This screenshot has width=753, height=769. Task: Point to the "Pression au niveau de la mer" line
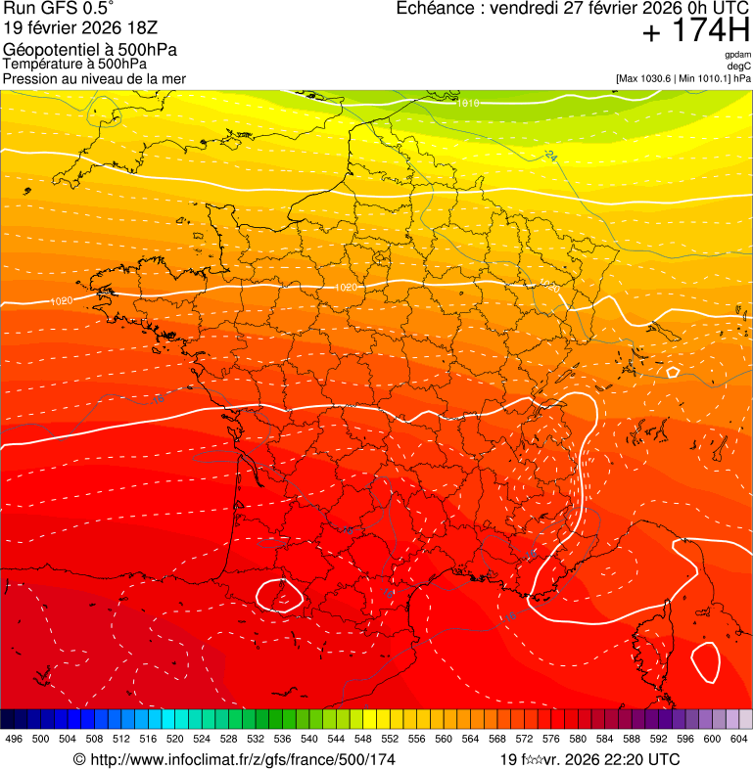click(94, 78)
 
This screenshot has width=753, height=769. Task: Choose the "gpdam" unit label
click(737, 55)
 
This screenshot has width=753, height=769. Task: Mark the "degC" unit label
click(739, 66)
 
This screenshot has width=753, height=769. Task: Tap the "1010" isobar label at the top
click(468, 102)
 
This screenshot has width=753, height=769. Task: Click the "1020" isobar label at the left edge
click(61, 300)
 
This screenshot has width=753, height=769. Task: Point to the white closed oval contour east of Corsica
click(705, 662)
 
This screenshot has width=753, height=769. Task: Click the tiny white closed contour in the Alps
click(673, 372)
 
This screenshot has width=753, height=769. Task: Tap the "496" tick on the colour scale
click(14, 740)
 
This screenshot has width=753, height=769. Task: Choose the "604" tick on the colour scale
click(738, 740)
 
